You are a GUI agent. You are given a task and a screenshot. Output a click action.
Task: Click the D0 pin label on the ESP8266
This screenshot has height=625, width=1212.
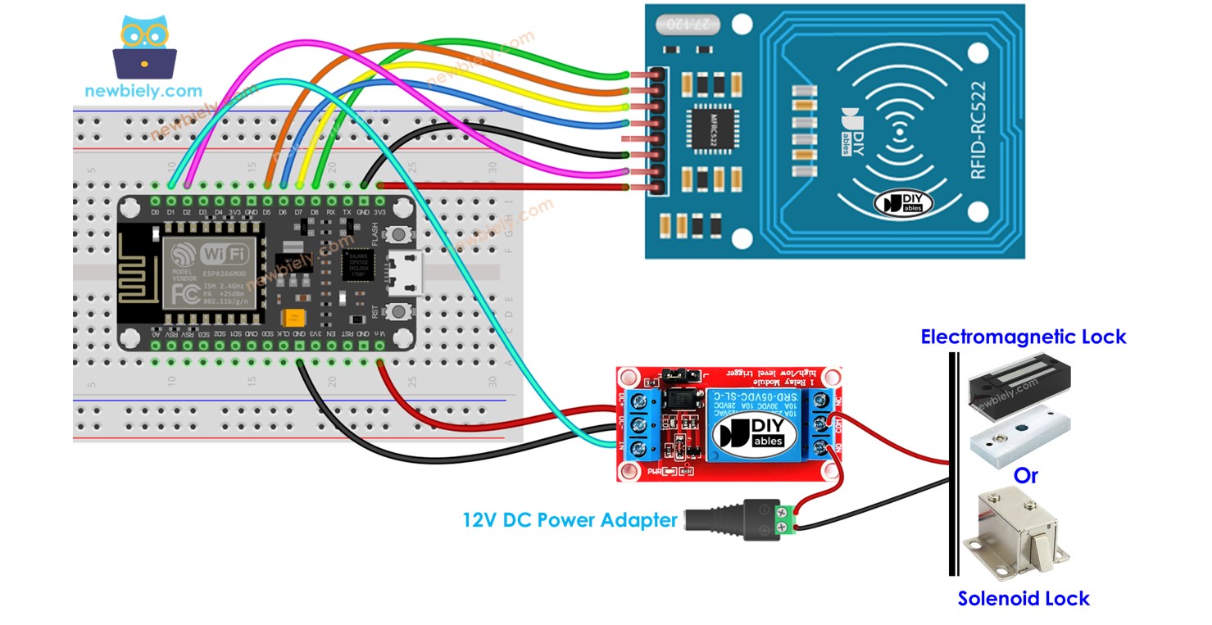tap(155, 213)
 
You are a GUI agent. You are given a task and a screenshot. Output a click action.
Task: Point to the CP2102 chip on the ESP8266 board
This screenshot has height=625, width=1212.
tap(358, 265)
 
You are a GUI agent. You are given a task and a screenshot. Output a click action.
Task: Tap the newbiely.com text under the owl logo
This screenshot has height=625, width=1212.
tap(143, 91)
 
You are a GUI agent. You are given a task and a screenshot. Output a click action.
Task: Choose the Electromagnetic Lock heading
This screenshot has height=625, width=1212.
tap(1023, 337)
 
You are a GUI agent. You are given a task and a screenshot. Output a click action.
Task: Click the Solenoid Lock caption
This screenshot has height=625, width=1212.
tap(1024, 599)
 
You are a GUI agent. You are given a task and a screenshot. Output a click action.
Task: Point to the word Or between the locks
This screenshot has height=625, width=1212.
tap(1025, 475)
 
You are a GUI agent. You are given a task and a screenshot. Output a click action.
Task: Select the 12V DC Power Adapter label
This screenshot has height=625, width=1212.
tap(570, 520)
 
